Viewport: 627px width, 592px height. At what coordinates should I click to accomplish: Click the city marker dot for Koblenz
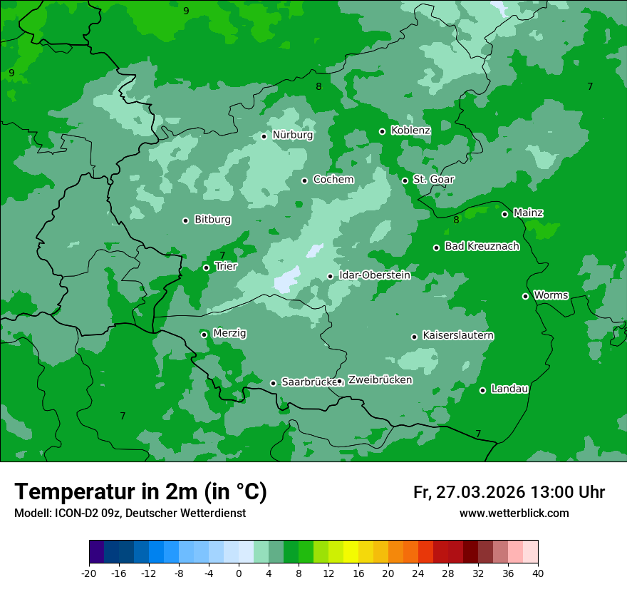pyautogui.click(x=383, y=131)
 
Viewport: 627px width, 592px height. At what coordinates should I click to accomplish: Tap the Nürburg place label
pyautogui.click(x=292, y=135)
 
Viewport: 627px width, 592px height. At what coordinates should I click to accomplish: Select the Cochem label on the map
pyautogui.click(x=333, y=180)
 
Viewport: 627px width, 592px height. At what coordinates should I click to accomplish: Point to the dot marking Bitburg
pyautogui.click(x=186, y=220)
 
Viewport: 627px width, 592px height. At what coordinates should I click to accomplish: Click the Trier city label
pyautogui.click(x=225, y=266)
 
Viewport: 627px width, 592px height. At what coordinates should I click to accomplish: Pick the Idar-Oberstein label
pyautogui.click(x=374, y=275)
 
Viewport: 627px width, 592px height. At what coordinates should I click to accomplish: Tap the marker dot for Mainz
pyautogui.click(x=505, y=214)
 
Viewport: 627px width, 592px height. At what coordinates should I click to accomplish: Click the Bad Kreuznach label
pyautogui.click(x=482, y=247)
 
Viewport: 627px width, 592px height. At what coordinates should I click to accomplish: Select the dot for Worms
pyautogui.click(x=526, y=296)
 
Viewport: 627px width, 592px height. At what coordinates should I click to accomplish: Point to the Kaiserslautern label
pyautogui.click(x=457, y=335)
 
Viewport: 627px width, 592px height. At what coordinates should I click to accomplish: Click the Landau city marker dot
pyautogui.click(x=483, y=390)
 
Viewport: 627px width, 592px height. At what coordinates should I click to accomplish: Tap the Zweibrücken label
pyautogui.click(x=380, y=380)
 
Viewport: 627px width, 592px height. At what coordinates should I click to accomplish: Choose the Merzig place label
pyautogui.click(x=229, y=334)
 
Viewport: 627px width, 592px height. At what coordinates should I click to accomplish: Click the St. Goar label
pyautogui.click(x=433, y=180)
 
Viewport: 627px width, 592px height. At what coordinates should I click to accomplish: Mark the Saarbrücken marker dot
pyautogui.click(x=273, y=383)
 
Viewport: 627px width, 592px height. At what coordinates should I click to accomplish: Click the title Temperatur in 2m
pyautogui.click(x=140, y=491)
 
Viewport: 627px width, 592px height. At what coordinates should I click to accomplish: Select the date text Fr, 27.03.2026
pyautogui.click(x=468, y=492)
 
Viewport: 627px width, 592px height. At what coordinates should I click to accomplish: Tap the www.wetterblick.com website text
pyautogui.click(x=514, y=513)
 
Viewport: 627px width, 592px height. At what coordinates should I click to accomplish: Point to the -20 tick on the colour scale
pyautogui.click(x=89, y=573)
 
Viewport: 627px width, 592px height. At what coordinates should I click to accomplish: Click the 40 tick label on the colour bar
pyautogui.click(x=538, y=573)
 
